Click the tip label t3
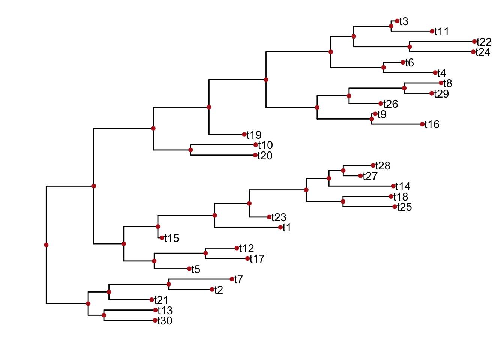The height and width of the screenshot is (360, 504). coord(404,22)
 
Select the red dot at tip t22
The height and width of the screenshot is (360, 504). coord(474,42)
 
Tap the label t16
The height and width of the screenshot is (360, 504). coord(432,124)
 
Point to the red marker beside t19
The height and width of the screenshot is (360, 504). coord(244,135)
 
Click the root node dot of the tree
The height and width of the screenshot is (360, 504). coord(46,245)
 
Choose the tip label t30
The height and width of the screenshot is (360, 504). coord(165,321)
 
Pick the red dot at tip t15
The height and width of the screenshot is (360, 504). coord(162,238)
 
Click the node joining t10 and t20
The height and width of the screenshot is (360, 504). coord(190,150)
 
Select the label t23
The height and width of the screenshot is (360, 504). coord(279,217)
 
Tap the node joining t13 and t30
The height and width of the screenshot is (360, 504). coord(104,315)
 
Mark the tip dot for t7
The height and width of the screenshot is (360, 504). coord(232,279)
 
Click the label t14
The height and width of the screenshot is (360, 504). coord(403,186)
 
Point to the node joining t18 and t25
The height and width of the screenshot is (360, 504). coord(343,202)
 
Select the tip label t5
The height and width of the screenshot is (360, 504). coord(196,269)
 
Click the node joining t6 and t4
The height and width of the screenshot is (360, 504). coord(384,67)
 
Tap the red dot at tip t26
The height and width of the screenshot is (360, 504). coord(381,103)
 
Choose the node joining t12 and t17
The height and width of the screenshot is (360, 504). coord(205,253)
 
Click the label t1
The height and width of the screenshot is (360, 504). coord(287,228)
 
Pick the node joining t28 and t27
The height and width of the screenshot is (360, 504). coord(343,171)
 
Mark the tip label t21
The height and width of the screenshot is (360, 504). coord(161,300)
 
